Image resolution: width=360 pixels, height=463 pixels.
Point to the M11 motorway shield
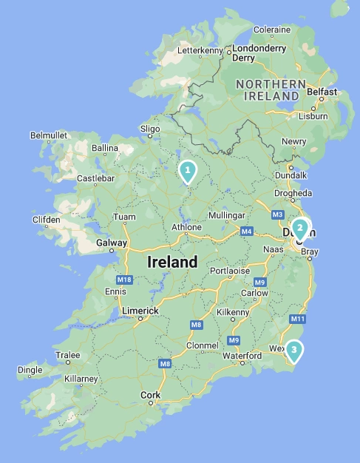point(298,319)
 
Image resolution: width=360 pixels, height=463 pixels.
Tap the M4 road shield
point(246,231)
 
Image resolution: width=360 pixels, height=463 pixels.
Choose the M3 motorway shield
point(277,214)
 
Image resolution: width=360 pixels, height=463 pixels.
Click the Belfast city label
point(322,92)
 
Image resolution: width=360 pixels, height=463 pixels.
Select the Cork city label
point(150,396)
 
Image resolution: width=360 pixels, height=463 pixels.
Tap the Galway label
point(111,243)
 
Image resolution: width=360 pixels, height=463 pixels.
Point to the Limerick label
point(140,311)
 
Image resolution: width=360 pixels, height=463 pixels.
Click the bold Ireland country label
point(172,262)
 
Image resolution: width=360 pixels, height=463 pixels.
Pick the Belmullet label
point(49,135)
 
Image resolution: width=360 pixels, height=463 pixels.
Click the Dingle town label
point(30,369)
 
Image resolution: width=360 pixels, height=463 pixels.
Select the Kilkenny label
point(232,312)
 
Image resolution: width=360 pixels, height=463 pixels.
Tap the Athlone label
point(186,226)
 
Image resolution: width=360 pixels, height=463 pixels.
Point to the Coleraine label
point(272,30)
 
